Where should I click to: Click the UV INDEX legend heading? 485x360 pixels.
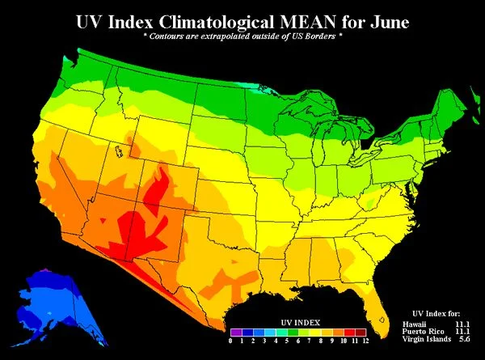coord(298,320)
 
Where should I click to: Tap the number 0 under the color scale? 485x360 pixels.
coord(231,341)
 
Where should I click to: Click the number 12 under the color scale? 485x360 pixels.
coord(366,341)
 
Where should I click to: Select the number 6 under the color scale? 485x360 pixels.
coord(298,341)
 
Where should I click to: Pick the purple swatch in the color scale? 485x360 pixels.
coord(235,332)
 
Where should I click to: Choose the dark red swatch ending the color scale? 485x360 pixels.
coord(361,332)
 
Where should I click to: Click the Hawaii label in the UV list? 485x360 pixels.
coord(414,324)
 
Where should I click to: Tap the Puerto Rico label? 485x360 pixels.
coord(421,332)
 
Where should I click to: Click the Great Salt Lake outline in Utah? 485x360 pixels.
coord(119,150)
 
